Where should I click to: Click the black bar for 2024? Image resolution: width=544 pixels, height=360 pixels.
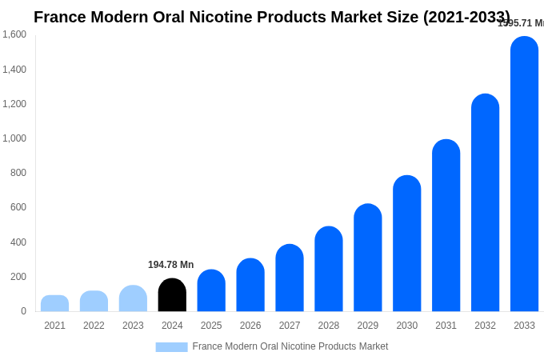(172, 295)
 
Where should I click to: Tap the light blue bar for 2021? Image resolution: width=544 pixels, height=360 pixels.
(54, 303)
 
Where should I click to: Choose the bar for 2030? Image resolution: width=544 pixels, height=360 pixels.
(406, 243)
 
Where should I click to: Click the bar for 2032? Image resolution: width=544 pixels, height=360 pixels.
(485, 203)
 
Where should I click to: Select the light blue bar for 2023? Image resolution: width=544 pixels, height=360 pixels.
(133, 298)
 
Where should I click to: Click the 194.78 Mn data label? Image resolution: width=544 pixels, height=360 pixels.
(170, 265)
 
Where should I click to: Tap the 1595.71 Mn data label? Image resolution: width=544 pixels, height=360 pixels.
(521, 23)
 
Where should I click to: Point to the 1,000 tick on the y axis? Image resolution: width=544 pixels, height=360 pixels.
(14, 138)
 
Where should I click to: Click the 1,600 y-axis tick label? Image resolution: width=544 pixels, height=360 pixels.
(14, 34)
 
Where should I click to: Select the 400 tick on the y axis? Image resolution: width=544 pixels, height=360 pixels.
(18, 242)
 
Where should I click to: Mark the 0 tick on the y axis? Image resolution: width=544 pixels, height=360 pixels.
(23, 311)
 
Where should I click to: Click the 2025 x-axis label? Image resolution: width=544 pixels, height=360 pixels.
(211, 326)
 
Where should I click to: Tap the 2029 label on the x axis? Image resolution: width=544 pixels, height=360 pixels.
(367, 326)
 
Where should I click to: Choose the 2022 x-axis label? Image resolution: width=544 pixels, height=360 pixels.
(94, 326)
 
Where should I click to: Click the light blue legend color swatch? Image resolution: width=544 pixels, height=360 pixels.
(171, 347)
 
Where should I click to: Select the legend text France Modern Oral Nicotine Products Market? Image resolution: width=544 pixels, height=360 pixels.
(290, 346)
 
